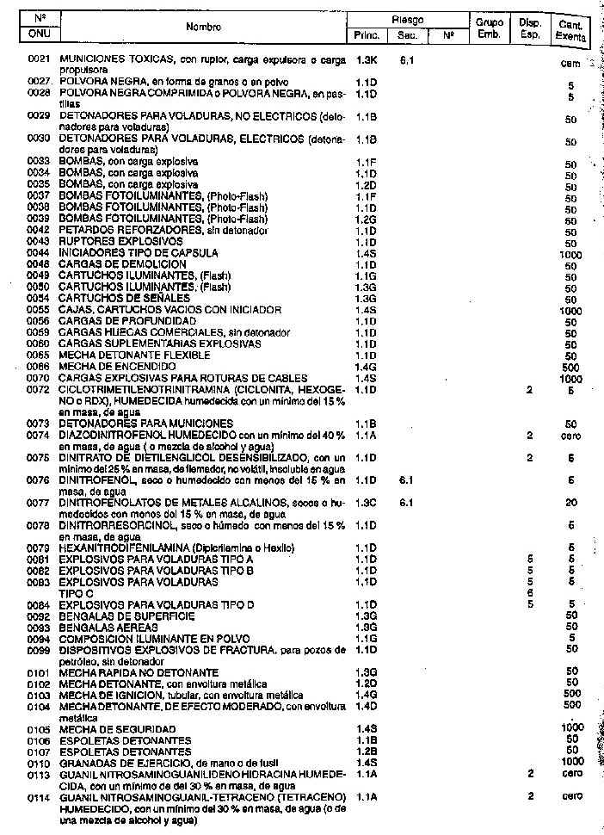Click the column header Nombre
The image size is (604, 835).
[203, 27]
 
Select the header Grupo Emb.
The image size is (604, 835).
[489, 28]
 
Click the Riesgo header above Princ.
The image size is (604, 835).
[406, 19]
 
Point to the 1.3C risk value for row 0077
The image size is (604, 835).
[367, 502]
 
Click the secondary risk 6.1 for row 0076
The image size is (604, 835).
[408, 479]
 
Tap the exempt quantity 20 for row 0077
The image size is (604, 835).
[571, 503]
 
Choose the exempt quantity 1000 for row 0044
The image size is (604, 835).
[570, 255]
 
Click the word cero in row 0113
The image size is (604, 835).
[572, 774]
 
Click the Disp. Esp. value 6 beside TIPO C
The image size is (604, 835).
[531, 593]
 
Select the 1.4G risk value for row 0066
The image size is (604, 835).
[367, 367]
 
